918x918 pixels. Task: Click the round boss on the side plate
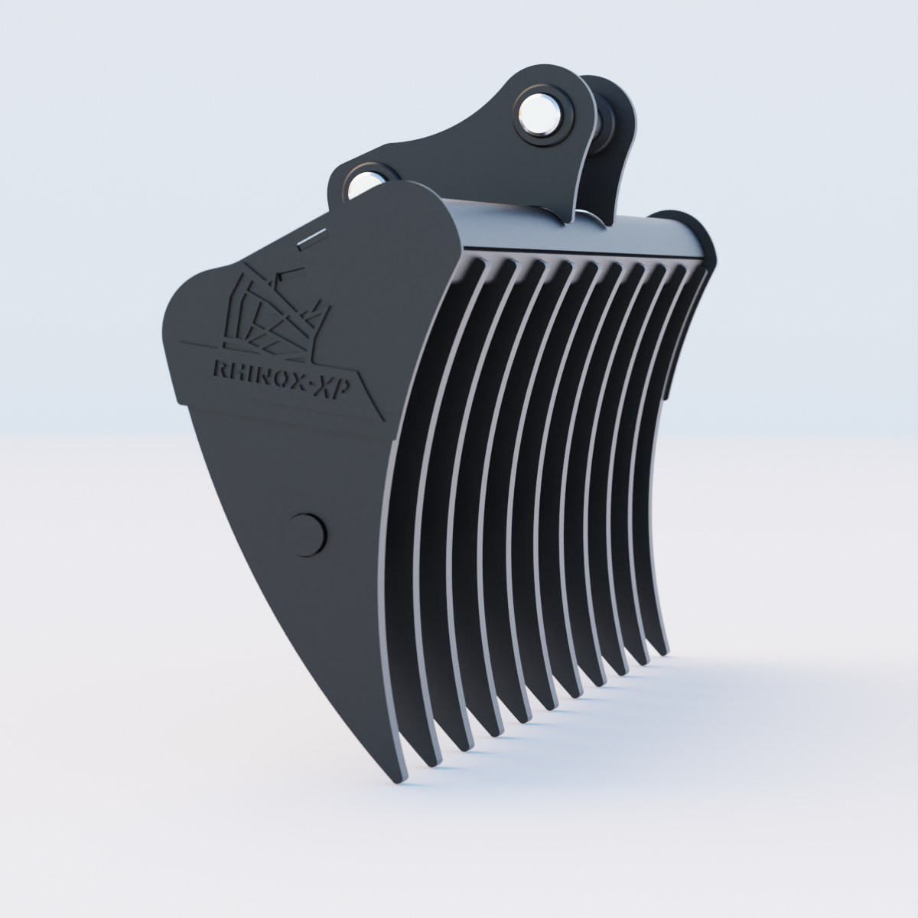point(309,532)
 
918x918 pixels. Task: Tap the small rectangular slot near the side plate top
point(309,239)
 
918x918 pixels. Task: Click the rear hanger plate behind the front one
point(612,153)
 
